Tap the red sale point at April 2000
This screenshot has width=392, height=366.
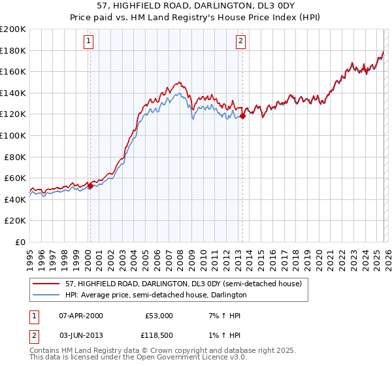pos(90,186)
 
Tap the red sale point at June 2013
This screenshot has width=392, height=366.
pos(242,116)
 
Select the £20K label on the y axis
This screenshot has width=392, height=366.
pos(15,221)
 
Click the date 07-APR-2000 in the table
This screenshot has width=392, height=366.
pos(80,316)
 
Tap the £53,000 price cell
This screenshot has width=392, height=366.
pos(159,316)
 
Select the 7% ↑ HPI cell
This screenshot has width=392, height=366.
pos(223,316)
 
